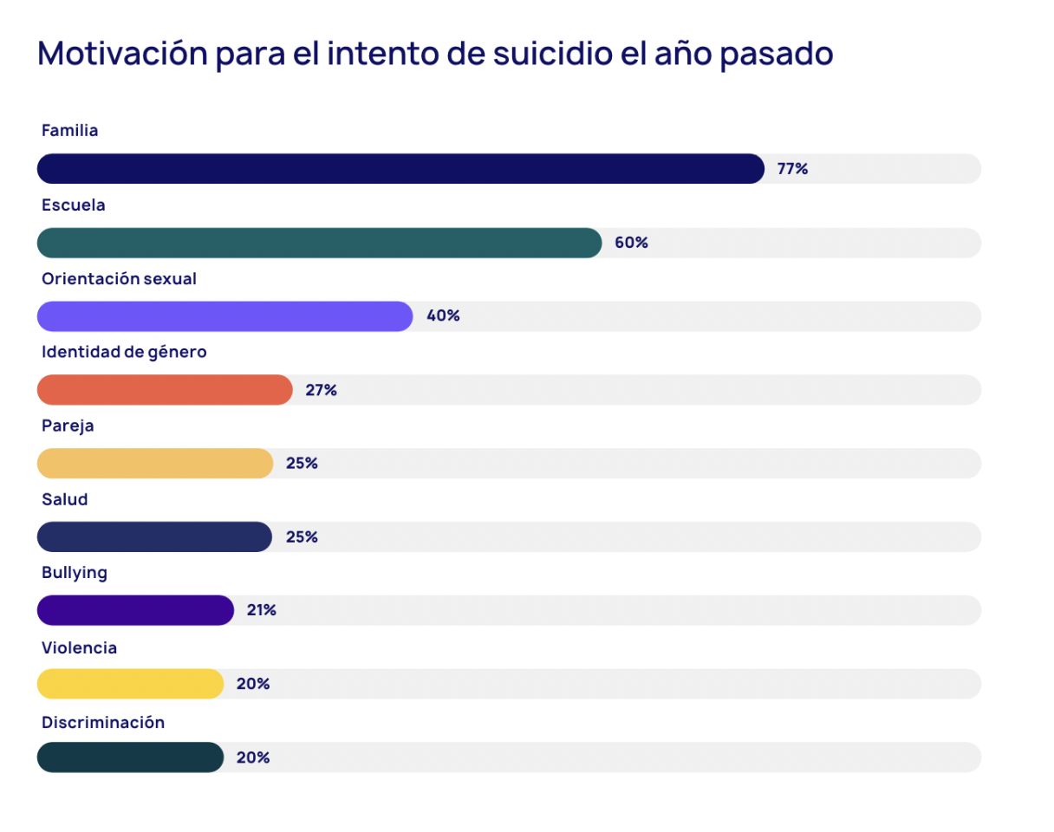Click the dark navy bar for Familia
pos(400,169)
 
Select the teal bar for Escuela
pos(319,243)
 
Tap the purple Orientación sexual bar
pos(224,316)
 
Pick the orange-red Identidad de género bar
pos(165,390)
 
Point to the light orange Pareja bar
pos(155,464)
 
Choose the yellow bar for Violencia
pos(130,684)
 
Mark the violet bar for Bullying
pos(135,610)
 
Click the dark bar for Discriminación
pos(130,757)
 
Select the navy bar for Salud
pos(154,537)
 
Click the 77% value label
pos(792,169)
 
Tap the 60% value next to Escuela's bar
pos(631,243)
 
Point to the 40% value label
pos(443,316)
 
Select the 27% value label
pos(321,390)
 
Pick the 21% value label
pos(261,610)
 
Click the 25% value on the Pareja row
pos(302,464)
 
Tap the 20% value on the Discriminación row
pos(252,757)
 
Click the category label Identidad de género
pos(124,352)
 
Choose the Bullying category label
pos(75,573)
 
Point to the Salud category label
pos(65,499)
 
